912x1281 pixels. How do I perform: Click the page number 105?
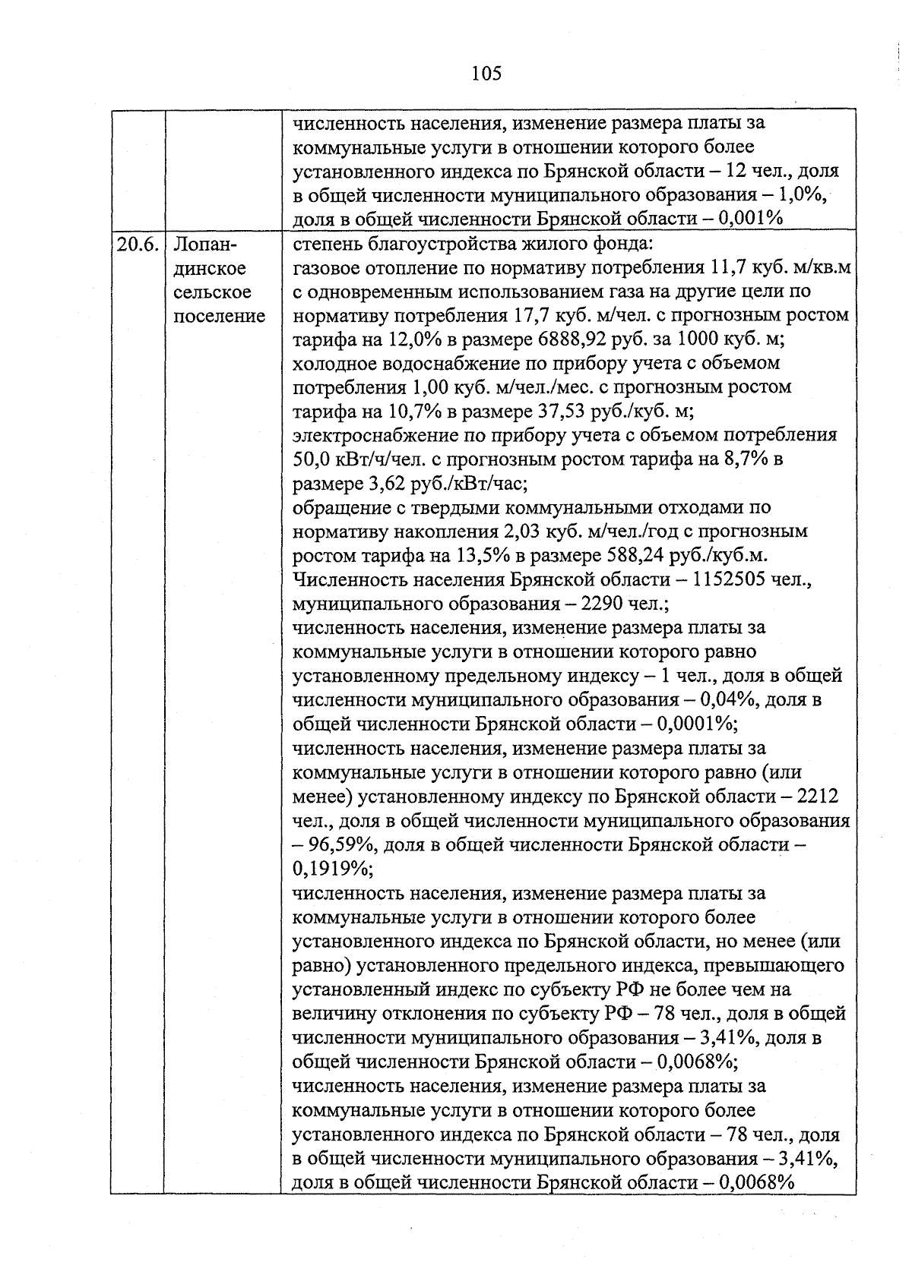pos(486,73)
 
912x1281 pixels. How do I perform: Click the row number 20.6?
pos(138,245)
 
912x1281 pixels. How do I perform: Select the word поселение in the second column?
pos(220,316)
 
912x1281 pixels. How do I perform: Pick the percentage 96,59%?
pos(344,845)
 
